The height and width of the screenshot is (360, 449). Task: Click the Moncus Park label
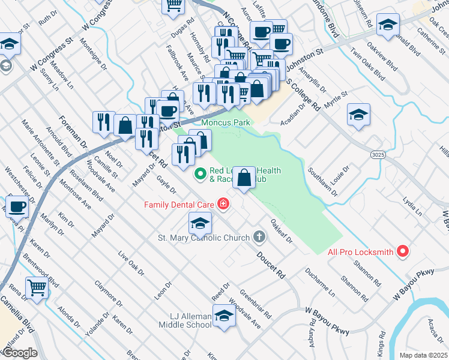pos(225,122)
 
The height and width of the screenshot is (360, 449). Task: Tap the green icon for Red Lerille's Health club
pos(200,175)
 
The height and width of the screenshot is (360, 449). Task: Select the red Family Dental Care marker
pos(223,205)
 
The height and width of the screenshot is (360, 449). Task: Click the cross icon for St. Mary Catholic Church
pos(259,237)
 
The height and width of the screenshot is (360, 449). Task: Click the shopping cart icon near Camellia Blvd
pos(37,287)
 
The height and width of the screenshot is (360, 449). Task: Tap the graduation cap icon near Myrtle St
pos(358,115)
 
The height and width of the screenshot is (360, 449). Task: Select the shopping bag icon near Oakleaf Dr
pos(244,179)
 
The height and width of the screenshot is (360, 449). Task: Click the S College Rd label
pos(303,94)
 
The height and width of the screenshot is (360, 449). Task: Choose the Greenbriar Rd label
pos(256,304)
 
